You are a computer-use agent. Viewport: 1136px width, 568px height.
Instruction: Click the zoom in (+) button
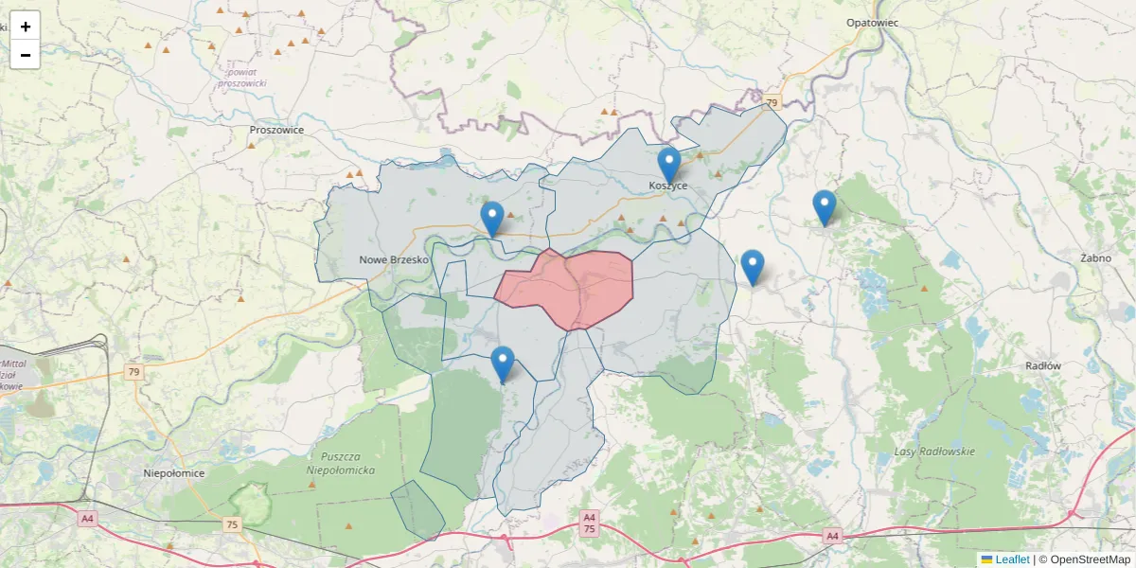tap(26, 27)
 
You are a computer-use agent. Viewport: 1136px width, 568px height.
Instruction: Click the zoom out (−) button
tap(26, 55)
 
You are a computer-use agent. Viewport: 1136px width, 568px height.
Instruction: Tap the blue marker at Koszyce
tap(669, 166)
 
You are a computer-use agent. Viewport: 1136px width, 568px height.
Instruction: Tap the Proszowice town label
tap(276, 130)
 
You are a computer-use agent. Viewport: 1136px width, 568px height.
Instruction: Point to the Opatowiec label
tap(872, 22)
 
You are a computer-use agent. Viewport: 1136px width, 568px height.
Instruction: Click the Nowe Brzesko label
tap(395, 259)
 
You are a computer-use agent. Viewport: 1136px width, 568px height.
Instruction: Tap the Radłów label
tap(1043, 365)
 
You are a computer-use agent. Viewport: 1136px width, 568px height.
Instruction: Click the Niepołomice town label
tap(173, 472)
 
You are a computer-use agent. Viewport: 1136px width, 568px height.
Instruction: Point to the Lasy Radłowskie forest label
tap(934, 452)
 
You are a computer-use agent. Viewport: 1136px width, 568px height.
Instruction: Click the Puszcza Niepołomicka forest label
tap(341, 462)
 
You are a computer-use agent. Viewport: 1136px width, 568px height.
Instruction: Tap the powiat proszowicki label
tap(241, 78)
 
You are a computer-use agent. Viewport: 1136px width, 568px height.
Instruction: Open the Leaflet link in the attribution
tap(1011, 559)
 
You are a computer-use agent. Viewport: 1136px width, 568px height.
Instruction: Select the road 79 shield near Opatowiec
tap(772, 102)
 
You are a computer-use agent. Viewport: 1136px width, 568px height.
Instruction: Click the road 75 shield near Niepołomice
tap(232, 524)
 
